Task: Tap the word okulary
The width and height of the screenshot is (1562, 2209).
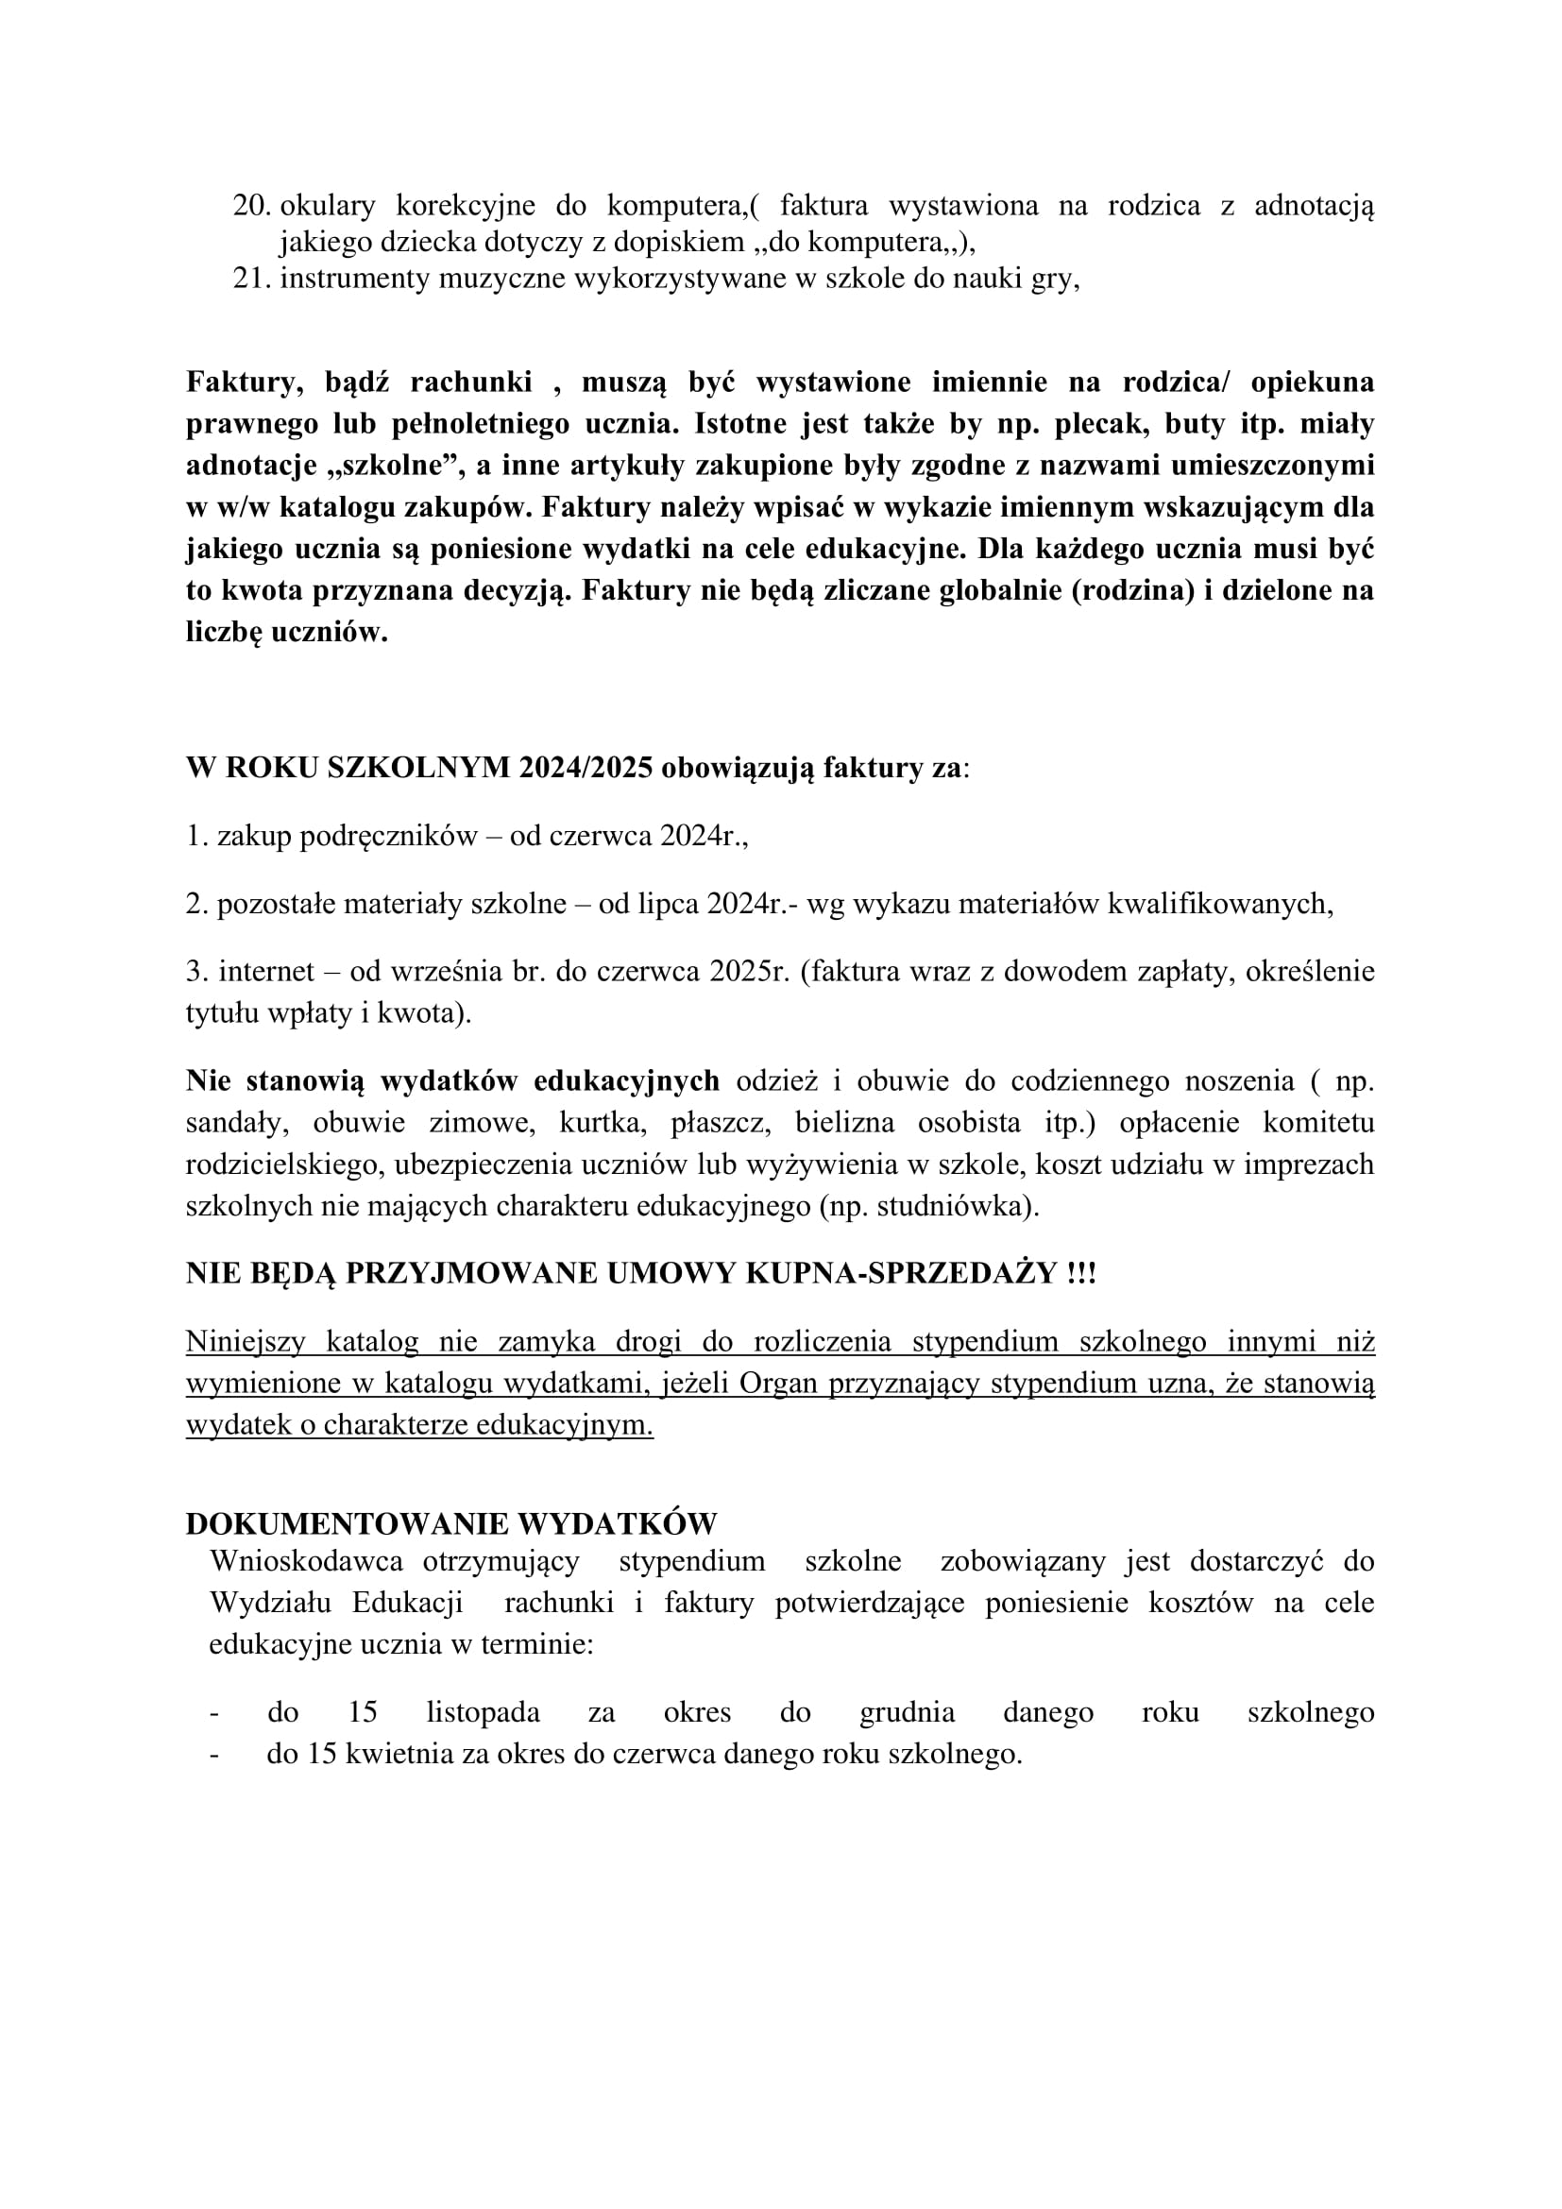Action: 323,206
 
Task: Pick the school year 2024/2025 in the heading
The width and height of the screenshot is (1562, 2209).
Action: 586,768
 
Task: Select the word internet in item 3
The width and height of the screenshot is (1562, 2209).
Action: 260,972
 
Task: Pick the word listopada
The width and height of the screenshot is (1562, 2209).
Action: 483,1712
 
